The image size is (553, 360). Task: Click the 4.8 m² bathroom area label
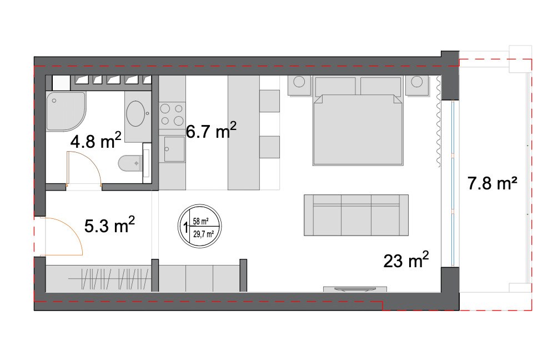tap(95, 141)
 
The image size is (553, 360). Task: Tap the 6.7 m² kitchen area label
tap(211, 130)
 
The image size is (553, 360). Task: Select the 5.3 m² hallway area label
tap(109, 225)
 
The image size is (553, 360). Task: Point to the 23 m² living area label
tap(406, 260)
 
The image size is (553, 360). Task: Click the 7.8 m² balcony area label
tap(492, 183)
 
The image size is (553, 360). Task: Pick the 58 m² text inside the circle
tap(200, 221)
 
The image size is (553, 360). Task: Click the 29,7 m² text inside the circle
tap(204, 234)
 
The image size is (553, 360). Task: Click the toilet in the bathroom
tap(130, 163)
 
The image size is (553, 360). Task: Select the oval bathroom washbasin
tap(135, 114)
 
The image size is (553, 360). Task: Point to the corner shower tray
tap(66, 111)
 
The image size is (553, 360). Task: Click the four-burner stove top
tap(172, 114)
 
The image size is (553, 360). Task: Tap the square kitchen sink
tap(174, 149)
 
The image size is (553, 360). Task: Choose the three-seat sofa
tap(356, 215)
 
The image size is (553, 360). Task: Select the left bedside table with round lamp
tap(299, 85)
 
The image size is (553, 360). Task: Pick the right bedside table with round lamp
tap(417, 85)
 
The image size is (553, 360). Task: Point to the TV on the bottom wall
tap(355, 289)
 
